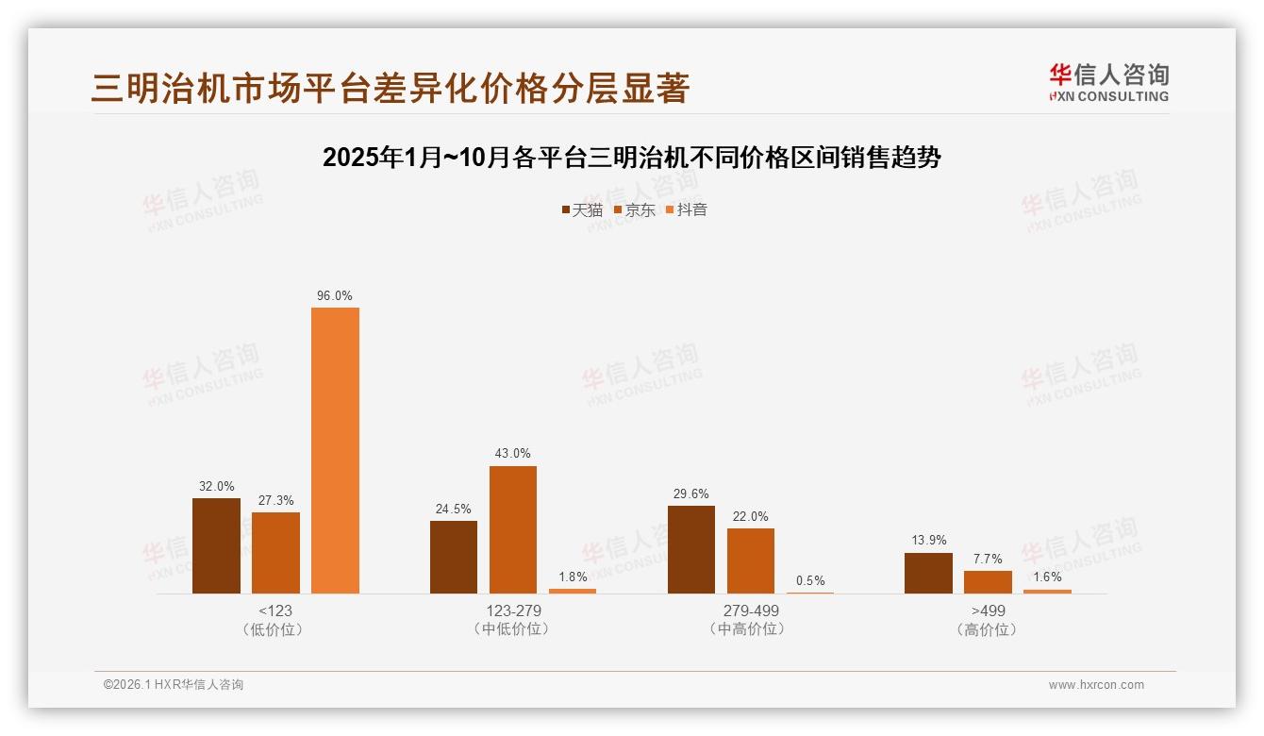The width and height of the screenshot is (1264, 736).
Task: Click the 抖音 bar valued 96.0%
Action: click(335, 450)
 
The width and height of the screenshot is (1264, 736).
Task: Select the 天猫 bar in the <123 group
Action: click(216, 545)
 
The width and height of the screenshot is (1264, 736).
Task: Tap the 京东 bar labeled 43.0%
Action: click(512, 529)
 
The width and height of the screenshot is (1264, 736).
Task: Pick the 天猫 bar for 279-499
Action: click(691, 549)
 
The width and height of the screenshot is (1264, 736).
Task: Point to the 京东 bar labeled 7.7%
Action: click(988, 582)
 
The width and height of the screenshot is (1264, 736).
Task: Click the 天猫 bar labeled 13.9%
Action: click(928, 573)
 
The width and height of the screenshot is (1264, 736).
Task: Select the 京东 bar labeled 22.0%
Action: click(750, 560)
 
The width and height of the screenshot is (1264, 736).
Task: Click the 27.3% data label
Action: click(275, 501)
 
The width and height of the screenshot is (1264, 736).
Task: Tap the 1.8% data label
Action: click(573, 577)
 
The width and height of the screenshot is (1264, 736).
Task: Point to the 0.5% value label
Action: click(810, 580)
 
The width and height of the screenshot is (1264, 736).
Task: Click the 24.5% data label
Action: click(453, 509)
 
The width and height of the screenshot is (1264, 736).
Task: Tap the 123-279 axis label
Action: click(512, 611)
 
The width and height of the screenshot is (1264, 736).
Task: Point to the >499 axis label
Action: click(988, 611)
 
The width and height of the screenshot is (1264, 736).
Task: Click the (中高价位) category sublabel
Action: click(750, 629)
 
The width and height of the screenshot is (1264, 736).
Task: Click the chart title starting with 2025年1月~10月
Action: click(631, 158)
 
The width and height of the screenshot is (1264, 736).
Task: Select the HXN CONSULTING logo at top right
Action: click(1108, 82)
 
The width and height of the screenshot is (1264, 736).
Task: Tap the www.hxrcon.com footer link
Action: click(1096, 685)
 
